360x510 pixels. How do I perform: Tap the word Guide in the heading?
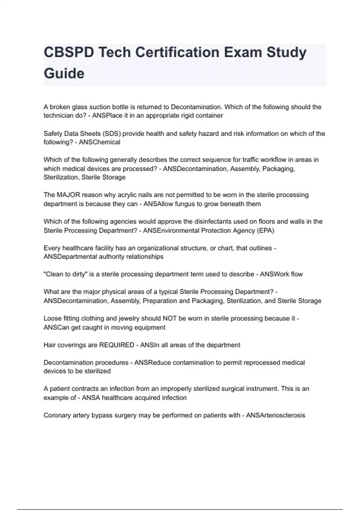[x=64, y=73]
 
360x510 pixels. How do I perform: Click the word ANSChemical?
[x=99, y=142]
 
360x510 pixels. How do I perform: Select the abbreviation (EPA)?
[x=265, y=230]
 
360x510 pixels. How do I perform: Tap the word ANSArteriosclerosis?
[x=275, y=415]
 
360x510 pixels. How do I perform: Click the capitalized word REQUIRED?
[x=116, y=345]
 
